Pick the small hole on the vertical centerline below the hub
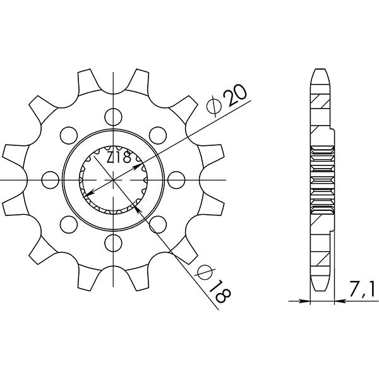pyautogui.click(x=113, y=241)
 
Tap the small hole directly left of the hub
pyautogui.click(x=50, y=179)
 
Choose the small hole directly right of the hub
pyautogui.click(x=176, y=179)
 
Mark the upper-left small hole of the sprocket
pyautogui.click(x=68, y=134)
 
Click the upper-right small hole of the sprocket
pyautogui.click(x=157, y=134)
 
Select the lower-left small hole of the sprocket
pyautogui.click(x=68, y=223)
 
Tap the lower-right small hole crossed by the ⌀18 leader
pyautogui.click(x=157, y=223)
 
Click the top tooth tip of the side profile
pyautogui.click(x=320, y=69)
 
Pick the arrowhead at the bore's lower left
pyautogui.click(x=87, y=194)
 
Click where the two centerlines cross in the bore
pyautogui.click(x=113, y=179)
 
